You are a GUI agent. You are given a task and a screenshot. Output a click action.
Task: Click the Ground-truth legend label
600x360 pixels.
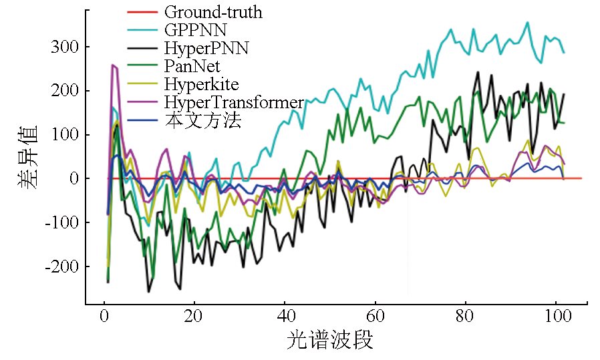pos(213,12)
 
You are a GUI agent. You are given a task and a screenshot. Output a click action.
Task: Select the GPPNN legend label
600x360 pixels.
pos(194,30)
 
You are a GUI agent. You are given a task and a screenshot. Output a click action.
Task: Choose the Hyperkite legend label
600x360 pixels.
pos(201,84)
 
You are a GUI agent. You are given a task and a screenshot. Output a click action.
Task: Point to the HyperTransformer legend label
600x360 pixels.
pos(234,102)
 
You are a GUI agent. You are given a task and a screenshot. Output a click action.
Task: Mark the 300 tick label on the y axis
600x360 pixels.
pos(65,47)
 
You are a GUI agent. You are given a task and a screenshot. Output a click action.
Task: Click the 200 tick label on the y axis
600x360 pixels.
pos(65,91)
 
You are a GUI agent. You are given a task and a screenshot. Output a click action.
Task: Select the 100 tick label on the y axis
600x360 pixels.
pos(65,135)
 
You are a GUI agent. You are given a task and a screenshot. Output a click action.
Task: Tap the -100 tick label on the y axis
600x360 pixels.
pos(61,222)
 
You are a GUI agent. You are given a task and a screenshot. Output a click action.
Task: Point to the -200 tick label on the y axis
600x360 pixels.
pos(61,266)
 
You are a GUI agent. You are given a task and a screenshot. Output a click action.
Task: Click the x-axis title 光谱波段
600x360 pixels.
pos(330,341)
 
